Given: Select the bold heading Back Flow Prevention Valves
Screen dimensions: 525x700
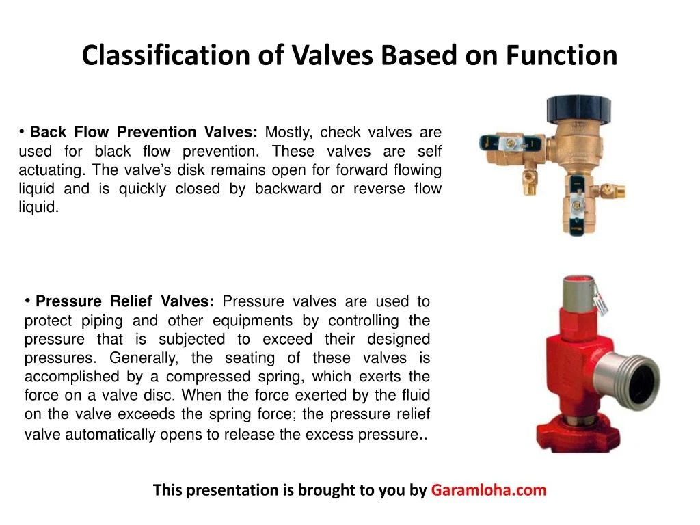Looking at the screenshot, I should point(144,132).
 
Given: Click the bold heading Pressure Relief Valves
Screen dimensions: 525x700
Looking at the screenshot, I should point(125,301).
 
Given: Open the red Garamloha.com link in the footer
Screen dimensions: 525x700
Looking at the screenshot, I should point(489,490).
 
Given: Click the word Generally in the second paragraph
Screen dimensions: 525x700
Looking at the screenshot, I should point(145,358).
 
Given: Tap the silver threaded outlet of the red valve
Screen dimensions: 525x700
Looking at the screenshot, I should point(632,373).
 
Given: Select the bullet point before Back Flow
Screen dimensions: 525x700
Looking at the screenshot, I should point(23,130).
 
